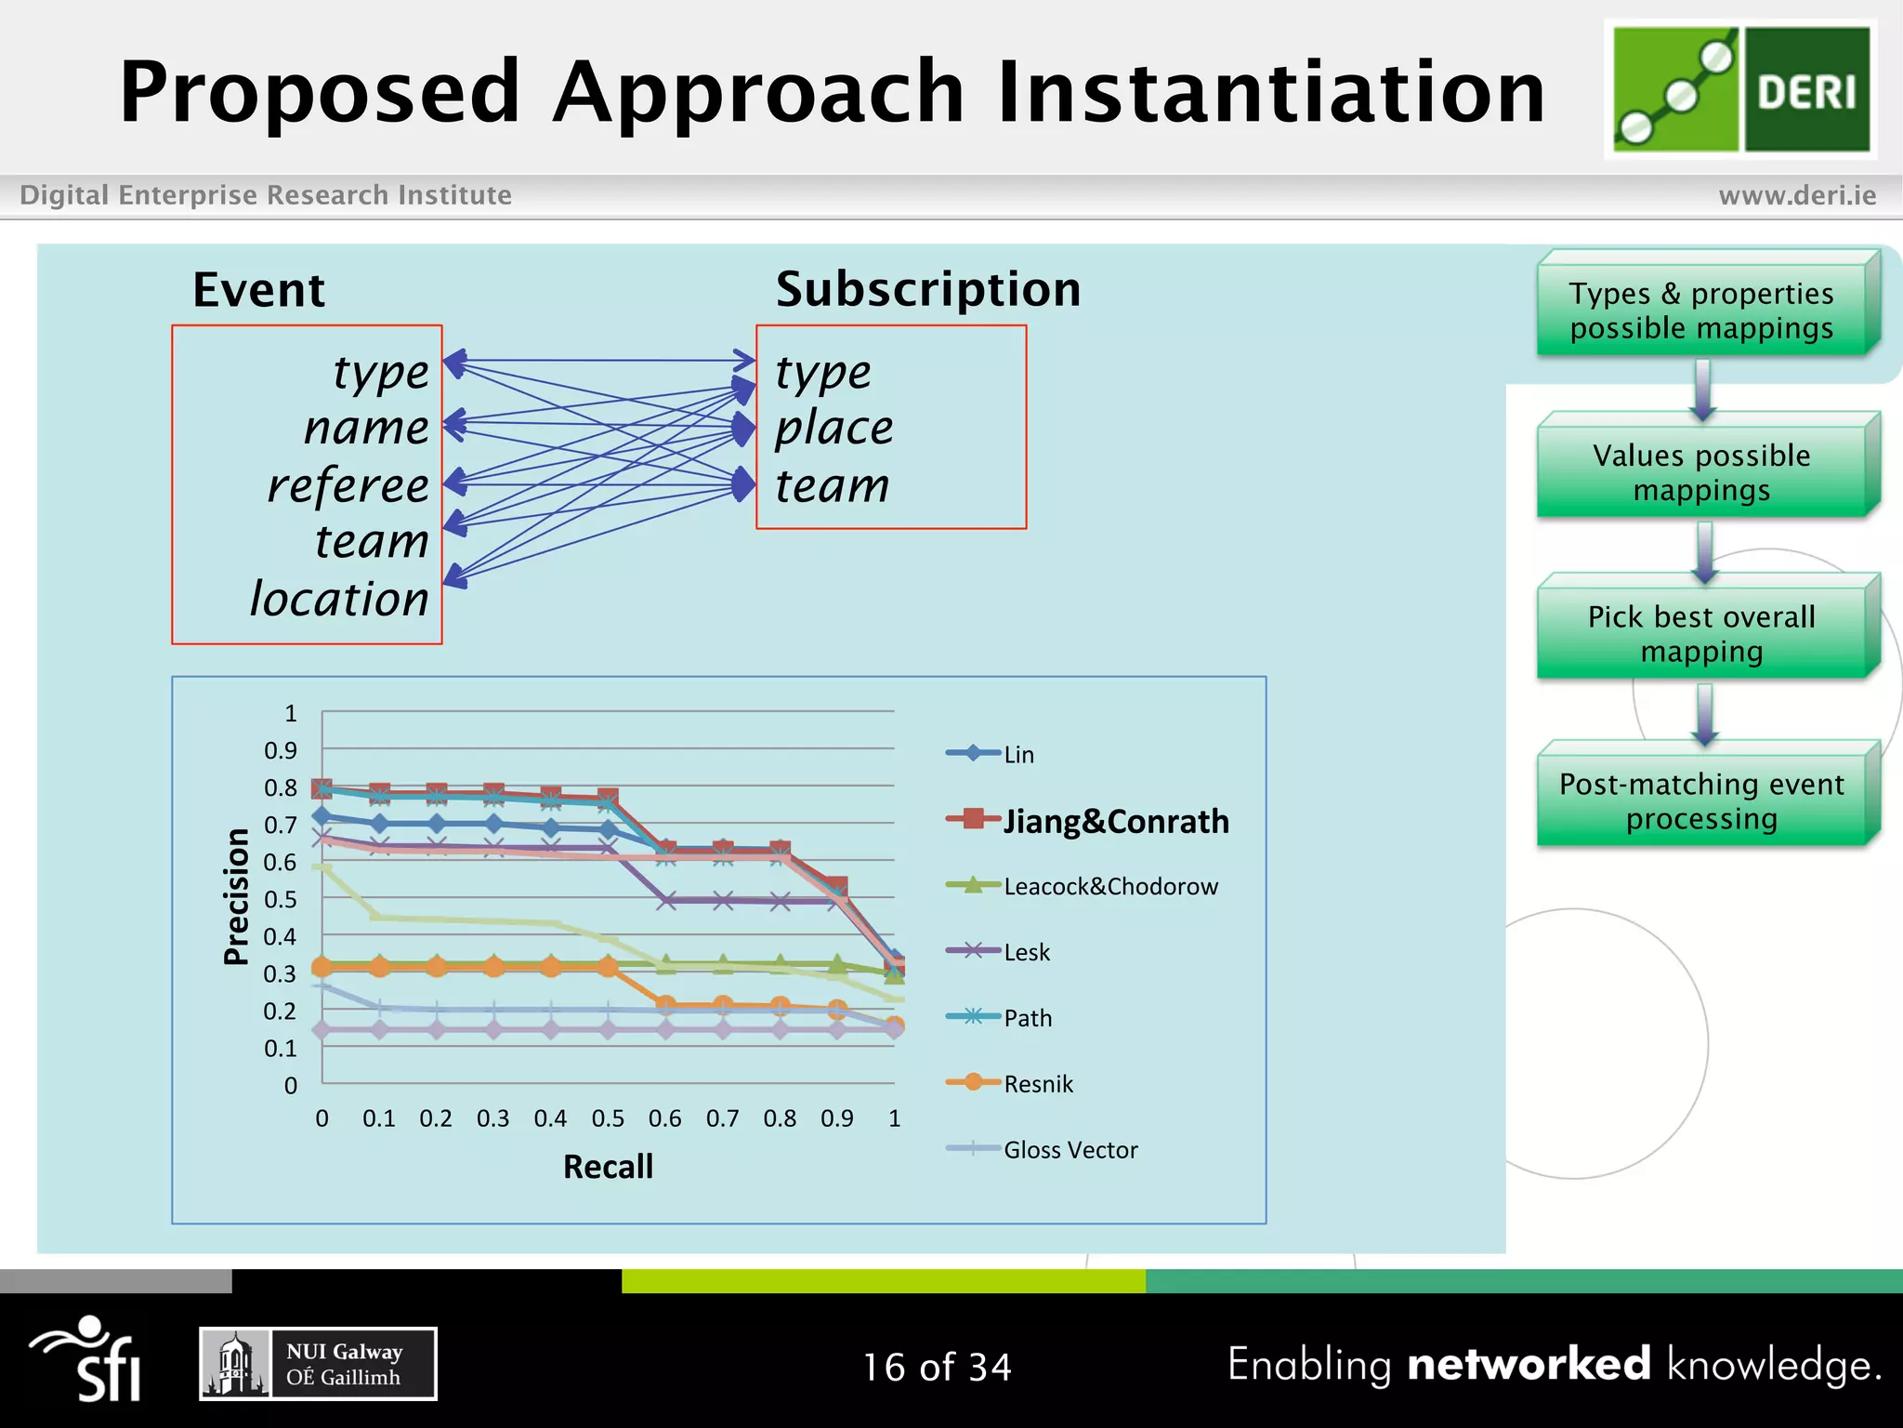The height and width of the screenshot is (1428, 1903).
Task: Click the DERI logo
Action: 1740,89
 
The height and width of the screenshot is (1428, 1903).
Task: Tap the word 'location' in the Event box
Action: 339,599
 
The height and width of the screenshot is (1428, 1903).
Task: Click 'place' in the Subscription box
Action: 833,429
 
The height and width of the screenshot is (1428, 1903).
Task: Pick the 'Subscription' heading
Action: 927,289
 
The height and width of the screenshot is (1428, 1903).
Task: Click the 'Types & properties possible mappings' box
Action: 1701,311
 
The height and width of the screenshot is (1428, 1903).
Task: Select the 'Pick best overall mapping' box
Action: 1701,634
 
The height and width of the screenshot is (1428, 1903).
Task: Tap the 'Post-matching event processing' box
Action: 1701,800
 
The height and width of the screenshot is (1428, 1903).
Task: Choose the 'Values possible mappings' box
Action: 1701,472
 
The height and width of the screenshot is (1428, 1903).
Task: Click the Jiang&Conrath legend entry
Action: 1114,821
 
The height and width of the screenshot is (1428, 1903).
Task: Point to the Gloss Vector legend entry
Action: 1070,1150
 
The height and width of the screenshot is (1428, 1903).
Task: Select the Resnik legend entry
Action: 1037,1084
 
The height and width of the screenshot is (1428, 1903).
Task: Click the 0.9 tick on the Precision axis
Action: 281,750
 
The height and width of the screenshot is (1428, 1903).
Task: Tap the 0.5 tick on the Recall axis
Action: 608,1118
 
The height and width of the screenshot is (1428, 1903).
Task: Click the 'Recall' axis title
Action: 608,1167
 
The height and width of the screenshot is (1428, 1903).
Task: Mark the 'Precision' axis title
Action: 237,896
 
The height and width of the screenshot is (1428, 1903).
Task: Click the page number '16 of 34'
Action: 937,1368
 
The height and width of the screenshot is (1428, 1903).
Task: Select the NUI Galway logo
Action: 318,1364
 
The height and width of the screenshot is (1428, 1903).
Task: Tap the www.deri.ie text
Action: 1797,195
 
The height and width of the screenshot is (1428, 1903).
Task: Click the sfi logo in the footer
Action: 88,1359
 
